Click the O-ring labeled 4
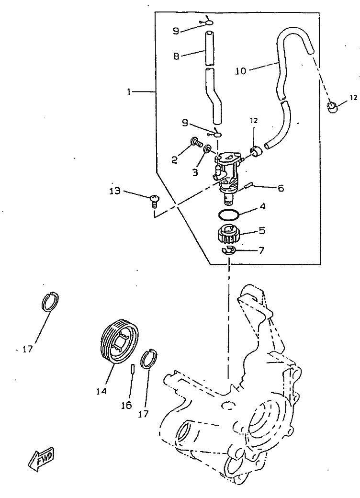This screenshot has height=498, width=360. point(228,214)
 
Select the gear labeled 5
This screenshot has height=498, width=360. point(228,236)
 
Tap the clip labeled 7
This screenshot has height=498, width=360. point(228,250)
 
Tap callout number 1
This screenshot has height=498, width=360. point(129,92)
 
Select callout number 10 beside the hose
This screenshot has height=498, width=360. point(241,70)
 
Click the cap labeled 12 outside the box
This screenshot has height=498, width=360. point(330,108)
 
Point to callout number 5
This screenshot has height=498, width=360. point(261,230)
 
